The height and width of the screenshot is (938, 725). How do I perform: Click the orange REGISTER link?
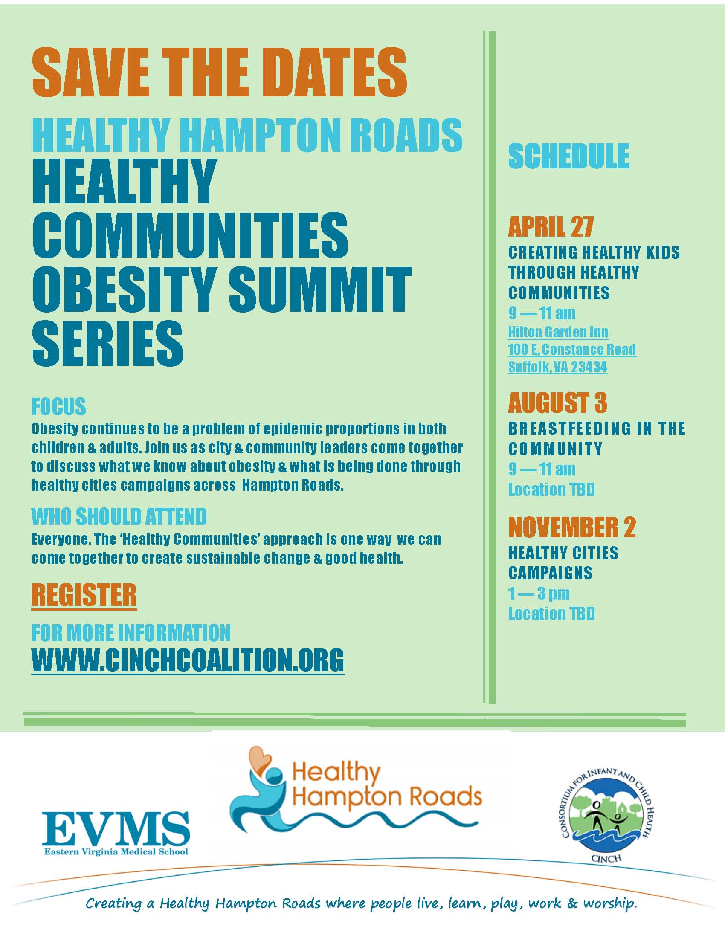[84, 595]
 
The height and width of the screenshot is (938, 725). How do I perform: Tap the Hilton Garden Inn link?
[558, 332]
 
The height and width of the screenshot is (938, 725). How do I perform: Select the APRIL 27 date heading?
[551, 226]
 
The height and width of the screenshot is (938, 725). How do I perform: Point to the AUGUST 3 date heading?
[557, 403]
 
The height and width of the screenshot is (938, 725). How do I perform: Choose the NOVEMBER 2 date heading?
[572, 527]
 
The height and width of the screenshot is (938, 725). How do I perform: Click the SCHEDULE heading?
[568, 156]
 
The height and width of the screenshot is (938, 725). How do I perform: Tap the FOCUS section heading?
[59, 406]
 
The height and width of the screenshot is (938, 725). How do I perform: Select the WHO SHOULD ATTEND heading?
[119, 517]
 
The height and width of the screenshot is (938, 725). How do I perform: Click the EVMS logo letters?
[116, 828]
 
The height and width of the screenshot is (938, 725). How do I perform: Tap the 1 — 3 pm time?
[539, 593]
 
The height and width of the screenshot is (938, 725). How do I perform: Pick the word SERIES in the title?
[108, 344]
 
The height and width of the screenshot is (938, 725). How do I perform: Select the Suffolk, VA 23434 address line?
[557, 367]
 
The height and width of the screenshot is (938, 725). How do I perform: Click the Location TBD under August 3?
[551, 489]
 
